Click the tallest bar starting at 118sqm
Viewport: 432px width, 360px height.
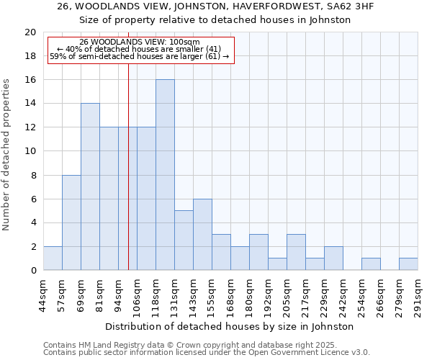(x=165, y=175)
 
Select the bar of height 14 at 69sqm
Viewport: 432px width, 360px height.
(x=90, y=186)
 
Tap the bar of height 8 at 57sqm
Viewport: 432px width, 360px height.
(x=71, y=222)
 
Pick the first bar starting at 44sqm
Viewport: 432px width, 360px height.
(x=53, y=258)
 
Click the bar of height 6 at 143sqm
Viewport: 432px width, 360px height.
(x=202, y=234)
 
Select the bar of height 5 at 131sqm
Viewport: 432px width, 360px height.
(x=184, y=240)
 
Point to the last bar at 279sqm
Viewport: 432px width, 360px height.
(x=408, y=264)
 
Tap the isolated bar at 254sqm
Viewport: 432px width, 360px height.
(x=371, y=264)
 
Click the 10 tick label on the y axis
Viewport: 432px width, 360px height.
(x=30, y=151)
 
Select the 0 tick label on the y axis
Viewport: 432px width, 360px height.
(x=33, y=270)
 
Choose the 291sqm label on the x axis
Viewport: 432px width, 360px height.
(x=418, y=295)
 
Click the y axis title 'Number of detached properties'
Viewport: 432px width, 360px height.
(x=7, y=155)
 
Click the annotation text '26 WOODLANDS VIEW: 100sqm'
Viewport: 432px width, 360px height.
(x=140, y=42)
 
